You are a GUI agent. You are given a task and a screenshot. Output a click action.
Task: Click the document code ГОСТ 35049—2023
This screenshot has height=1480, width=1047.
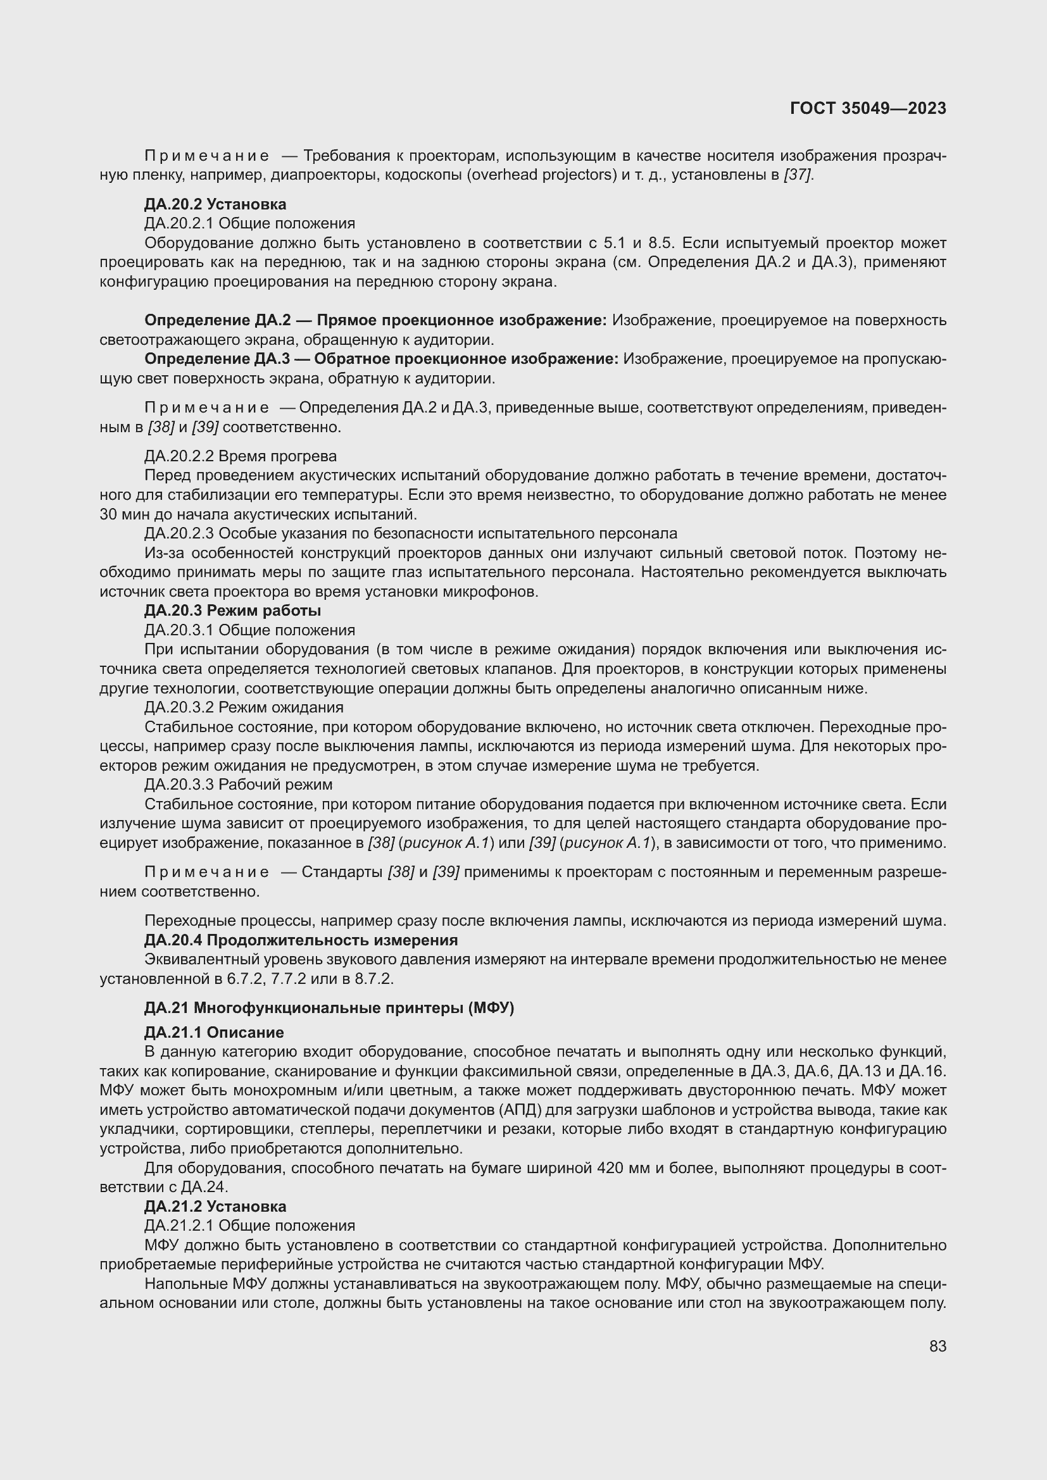pos(868,108)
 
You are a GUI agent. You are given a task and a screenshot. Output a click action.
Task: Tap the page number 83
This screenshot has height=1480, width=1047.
pos(937,1346)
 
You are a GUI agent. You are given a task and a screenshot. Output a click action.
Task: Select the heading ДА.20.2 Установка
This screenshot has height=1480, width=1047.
pos(215,204)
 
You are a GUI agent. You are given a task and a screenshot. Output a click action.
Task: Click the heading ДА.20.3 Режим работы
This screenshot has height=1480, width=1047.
pos(233,611)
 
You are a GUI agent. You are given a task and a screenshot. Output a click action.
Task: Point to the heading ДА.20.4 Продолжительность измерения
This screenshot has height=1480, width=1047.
pos(301,940)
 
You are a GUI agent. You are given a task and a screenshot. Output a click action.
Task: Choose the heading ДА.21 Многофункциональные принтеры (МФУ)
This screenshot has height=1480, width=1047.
pos(329,1007)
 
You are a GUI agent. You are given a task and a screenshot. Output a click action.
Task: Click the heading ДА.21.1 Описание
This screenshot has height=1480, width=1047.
pos(214,1033)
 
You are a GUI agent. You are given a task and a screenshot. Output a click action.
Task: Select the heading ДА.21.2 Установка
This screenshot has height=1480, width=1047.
pos(215,1207)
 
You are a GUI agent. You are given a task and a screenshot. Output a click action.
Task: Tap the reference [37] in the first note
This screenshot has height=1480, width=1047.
pos(798,175)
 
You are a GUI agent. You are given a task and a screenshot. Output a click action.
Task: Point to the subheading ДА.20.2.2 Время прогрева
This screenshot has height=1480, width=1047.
pos(241,456)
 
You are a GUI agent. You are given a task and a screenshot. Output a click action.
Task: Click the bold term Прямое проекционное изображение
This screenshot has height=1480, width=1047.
pos(461,320)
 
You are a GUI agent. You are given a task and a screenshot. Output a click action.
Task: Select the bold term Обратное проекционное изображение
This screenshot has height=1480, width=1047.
pos(466,359)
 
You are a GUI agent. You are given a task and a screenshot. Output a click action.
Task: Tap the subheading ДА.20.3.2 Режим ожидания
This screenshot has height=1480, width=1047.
pos(244,707)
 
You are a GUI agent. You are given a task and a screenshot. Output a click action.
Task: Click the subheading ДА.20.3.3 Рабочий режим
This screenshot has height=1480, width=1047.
pos(239,785)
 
